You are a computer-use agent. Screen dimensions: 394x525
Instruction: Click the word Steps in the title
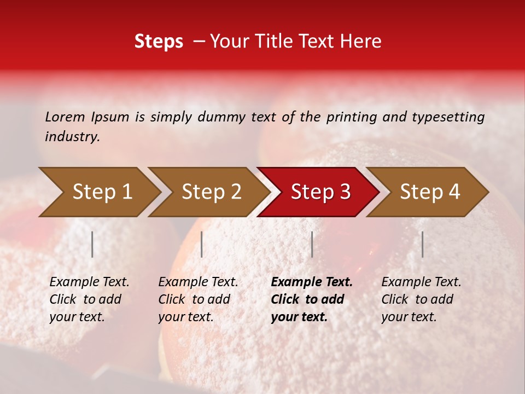pyautogui.click(x=159, y=42)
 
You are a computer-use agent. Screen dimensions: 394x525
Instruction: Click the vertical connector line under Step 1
pyautogui.click(x=92, y=244)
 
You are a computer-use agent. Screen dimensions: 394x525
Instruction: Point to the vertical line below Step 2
pyautogui.click(x=202, y=244)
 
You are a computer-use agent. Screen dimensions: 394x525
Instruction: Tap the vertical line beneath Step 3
pyautogui.click(x=312, y=244)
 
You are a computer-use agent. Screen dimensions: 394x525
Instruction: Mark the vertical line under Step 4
pyautogui.click(x=422, y=244)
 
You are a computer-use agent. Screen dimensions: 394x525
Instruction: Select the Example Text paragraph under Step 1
pyautogui.click(x=89, y=299)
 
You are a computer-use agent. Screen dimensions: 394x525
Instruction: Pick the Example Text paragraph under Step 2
pyautogui.click(x=198, y=299)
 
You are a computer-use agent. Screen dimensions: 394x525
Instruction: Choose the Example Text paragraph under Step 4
pyautogui.click(x=421, y=299)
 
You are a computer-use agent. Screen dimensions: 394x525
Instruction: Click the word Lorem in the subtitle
pyautogui.click(x=65, y=117)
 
